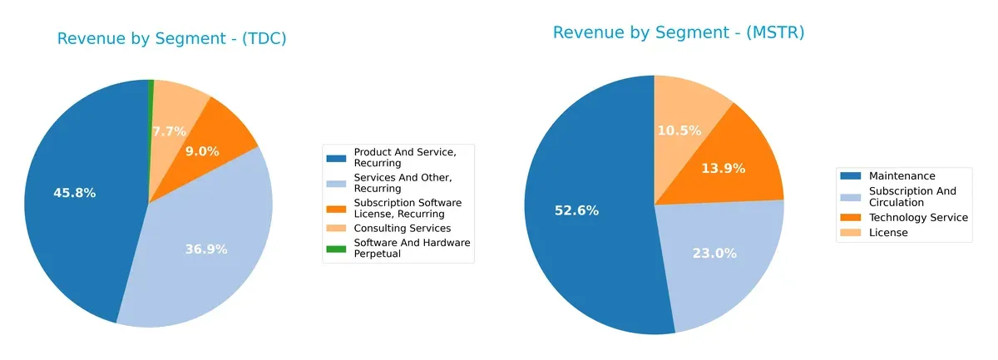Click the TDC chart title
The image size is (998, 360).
click(171, 39)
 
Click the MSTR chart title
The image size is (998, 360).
click(679, 32)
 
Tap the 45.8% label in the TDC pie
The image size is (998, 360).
click(74, 193)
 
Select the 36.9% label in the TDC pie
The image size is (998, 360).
click(206, 249)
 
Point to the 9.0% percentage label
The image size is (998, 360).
click(202, 151)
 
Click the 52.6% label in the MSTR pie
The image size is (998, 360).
click(576, 210)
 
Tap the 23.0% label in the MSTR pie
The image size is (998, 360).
click(714, 254)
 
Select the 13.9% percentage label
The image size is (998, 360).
click(723, 168)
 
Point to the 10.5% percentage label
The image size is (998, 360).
click(679, 131)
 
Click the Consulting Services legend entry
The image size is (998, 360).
click(402, 228)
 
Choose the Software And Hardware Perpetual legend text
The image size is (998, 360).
click(412, 248)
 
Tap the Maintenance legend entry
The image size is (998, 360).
click(902, 176)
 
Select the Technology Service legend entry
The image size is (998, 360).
click(918, 217)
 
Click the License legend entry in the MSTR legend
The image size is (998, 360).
click(888, 233)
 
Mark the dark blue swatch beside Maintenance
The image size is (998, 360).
click(851, 176)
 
